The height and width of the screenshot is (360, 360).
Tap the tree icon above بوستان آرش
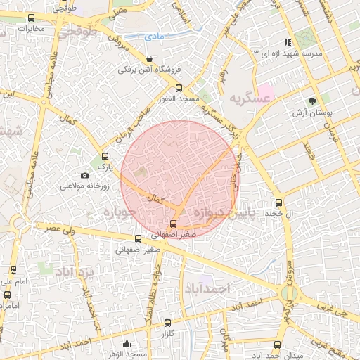point(312,101)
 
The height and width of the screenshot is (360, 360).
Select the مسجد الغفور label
point(179,99)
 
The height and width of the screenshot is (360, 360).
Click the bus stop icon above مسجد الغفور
point(179,88)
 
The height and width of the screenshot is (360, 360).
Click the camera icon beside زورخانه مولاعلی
point(85,175)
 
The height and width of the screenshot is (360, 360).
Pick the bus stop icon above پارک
point(105,156)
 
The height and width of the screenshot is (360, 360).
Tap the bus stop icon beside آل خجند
point(279,212)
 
